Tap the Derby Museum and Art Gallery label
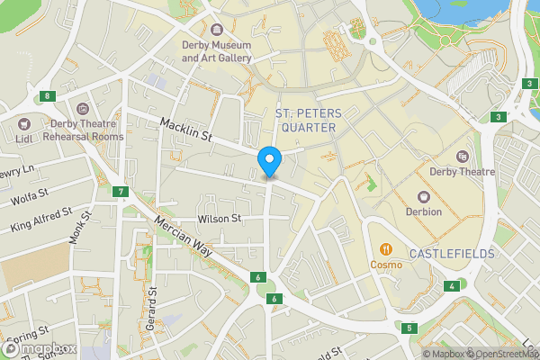[x=217, y=51]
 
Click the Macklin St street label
[x=185, y=130]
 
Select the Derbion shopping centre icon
[x=424, y=195]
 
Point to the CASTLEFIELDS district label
[x=452, y=255]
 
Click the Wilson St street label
[x=220, y=219]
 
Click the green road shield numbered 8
[x=45, y=96]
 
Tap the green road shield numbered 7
[x=120, y=192]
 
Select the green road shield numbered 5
[x=409, y=328]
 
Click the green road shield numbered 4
[x=452, y=286]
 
